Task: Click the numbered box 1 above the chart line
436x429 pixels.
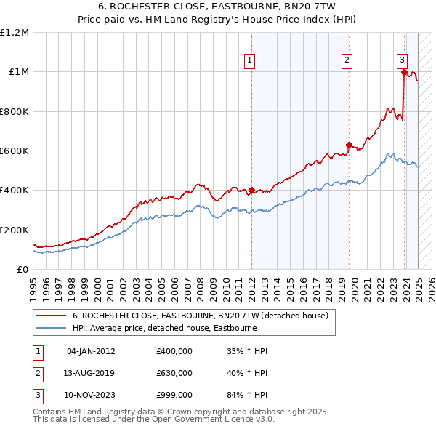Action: pyautogui.click(x=249, y=61)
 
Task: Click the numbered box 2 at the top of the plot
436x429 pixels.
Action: pyautogui.click(x=347, y=61)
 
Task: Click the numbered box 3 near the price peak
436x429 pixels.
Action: pyautogui.click(x=402, y=61)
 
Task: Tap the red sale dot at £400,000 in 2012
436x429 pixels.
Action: pyautogui.click(x=251, y=191)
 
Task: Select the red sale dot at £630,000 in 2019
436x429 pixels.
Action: pyautogui.click(x=349, y=145)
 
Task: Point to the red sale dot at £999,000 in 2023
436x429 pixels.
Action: pyautogui.click(x=403, y=72)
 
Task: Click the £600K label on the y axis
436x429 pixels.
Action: pyautogui.click(x=15, y=151)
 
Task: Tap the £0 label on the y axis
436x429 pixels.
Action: pyautogui.click(x=22, y=270)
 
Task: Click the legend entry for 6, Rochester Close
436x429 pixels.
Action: pyautogui.click(x=200, y=316)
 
